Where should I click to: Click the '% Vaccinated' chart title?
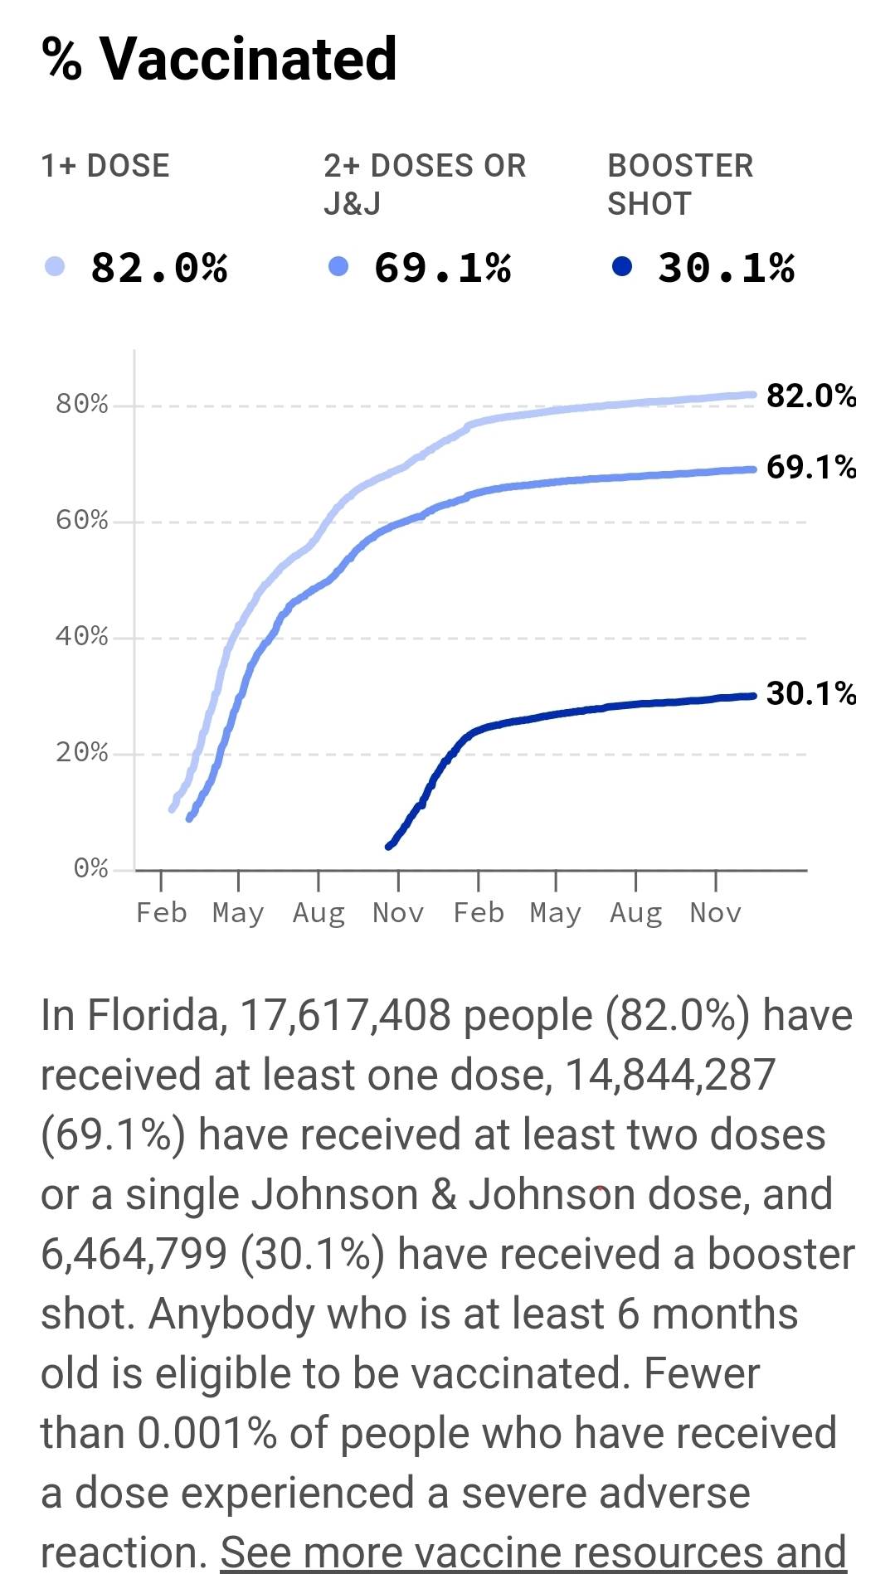point(219,59)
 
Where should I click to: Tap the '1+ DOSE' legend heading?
point(105,166)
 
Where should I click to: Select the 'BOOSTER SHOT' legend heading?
point(680,184)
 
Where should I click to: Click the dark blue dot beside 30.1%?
point(621,267)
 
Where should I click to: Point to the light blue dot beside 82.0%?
point(55,267)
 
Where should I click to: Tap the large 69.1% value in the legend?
point(442,268)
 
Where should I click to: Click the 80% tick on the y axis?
point(82,404)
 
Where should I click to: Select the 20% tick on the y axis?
point(82,752)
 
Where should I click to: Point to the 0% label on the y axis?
point(90,868)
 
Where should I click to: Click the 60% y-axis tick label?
point(82,520)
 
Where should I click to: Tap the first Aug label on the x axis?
point(319,913)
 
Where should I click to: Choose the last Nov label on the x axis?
point(715,913)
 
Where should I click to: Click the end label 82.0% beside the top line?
point(810,396)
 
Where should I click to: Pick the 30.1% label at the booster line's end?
point(810,693)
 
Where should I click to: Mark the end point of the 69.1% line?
point(752,469)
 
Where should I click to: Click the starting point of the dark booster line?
point(389,846)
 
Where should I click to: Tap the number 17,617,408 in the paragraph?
point(345,1015)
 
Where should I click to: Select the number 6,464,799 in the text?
point(134,1254)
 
